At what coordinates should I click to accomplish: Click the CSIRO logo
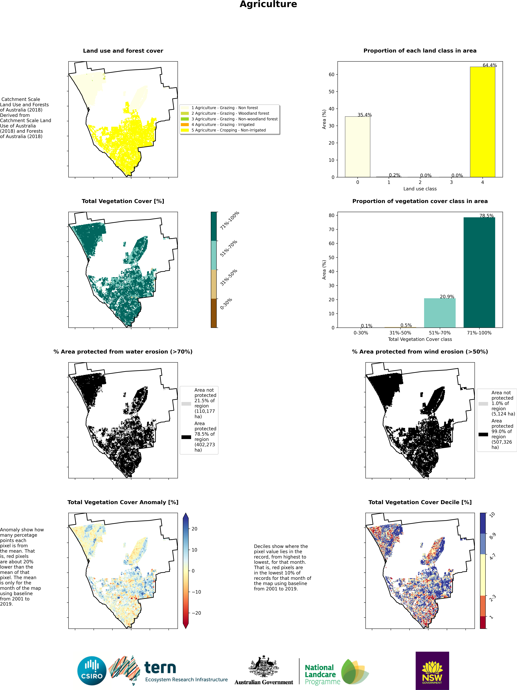tap(92, 671)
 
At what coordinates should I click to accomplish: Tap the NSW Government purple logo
tap(432, 671)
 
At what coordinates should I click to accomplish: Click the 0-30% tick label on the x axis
tap(361, 333)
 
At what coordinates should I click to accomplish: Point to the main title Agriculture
tap(268, 4)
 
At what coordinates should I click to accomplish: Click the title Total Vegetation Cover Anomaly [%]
tap(123, 502)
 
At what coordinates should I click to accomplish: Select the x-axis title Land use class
tap(420, 189)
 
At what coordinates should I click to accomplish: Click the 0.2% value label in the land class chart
tap(394, 175)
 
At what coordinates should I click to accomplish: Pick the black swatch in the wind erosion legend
tap(483, 434)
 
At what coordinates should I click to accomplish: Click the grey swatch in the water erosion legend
tap(186, 404)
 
